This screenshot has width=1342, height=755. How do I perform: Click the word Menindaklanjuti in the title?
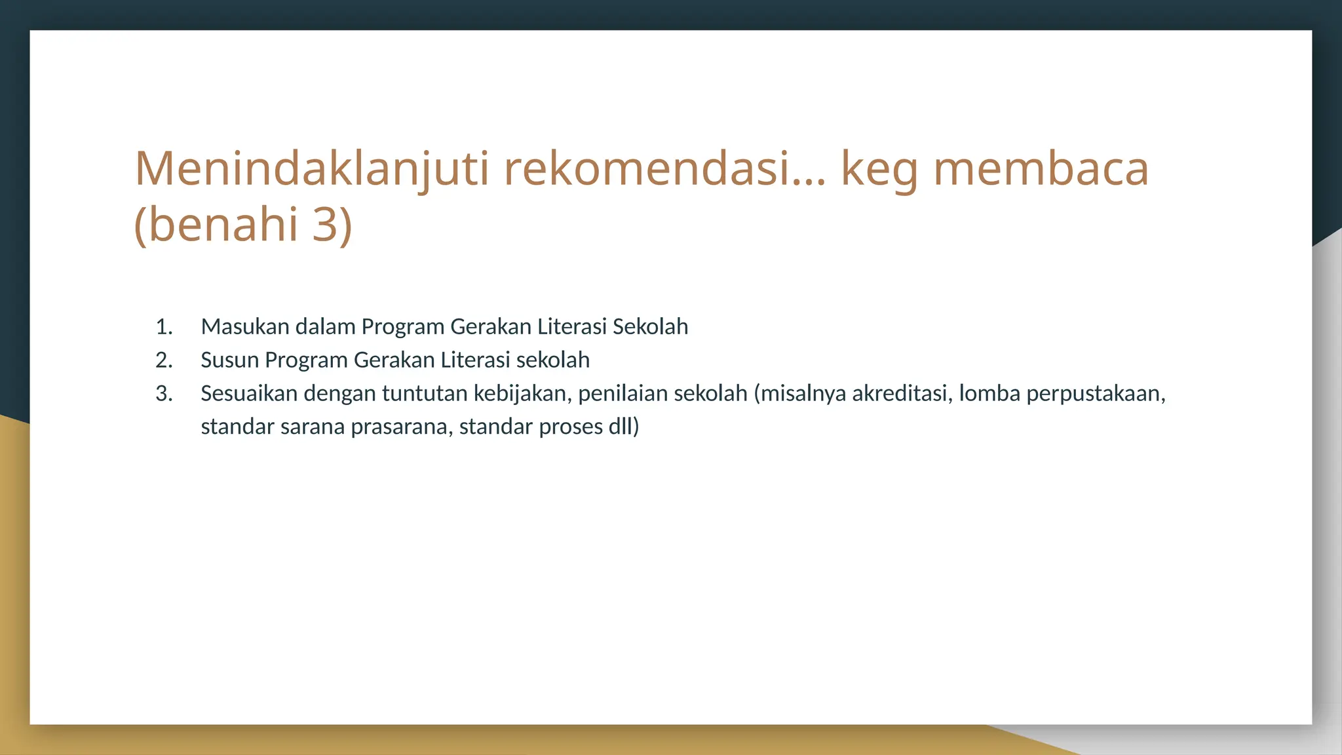pos(312,169)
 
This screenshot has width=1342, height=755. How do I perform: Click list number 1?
pos(164,326)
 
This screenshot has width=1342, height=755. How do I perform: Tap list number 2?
pos(164,360)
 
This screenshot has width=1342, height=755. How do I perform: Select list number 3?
pos(164,393)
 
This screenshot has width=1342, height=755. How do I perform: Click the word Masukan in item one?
pos(245,326)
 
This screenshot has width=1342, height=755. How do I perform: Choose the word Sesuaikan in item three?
pos(249,393)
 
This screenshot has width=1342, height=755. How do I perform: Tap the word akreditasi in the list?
pos(902,393)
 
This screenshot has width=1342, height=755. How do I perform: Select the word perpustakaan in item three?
pos(1096,393)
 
